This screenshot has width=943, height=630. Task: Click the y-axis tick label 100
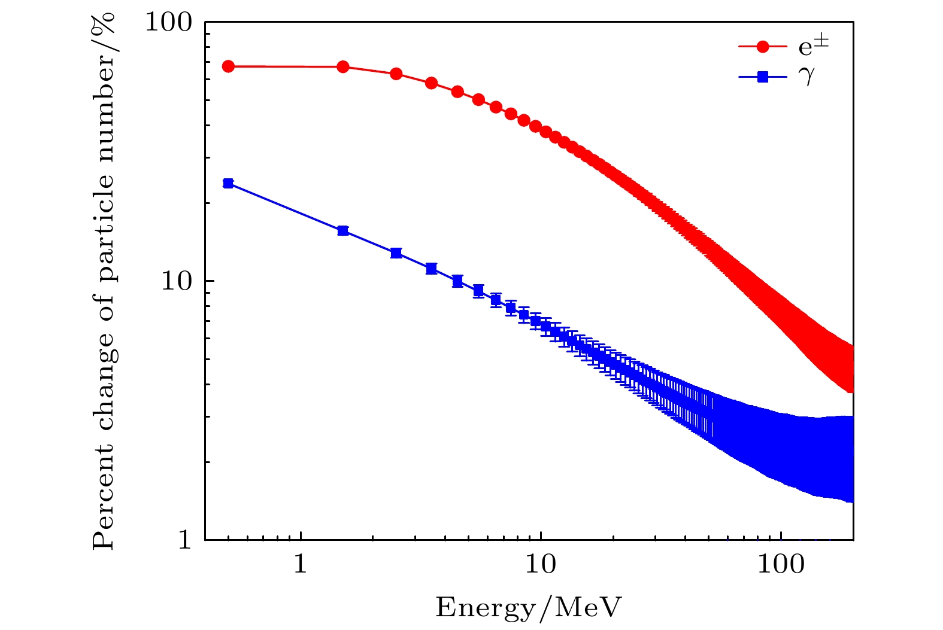[x=169, y=22]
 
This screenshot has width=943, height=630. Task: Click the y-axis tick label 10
[x=177, y=281]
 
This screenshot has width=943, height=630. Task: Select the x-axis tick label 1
[x=301, y=564]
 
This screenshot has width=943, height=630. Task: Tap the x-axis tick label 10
[x=541, y=564]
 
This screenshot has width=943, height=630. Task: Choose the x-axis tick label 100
[x=781, y=564]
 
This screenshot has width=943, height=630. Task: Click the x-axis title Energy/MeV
[x=529, y=607]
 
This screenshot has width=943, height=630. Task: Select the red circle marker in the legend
[x=763, y=47]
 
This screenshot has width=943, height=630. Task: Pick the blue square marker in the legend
[x=763, y=77]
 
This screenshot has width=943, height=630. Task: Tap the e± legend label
[x=814, y=46]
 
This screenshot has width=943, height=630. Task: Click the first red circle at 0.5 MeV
[x=228, y=66]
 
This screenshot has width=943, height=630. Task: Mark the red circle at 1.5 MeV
[x=343, y=66]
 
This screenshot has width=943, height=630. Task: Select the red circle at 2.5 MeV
[x=396, y=74]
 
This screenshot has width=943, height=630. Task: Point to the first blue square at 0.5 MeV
[x=228, y=183]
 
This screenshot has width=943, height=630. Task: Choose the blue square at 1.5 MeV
[x=343, y=231]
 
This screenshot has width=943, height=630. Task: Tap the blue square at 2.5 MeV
[x=396, y=252]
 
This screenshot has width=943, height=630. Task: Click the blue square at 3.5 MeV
[x=431, y=269]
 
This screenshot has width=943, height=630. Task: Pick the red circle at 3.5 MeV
[x=431, y=83]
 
